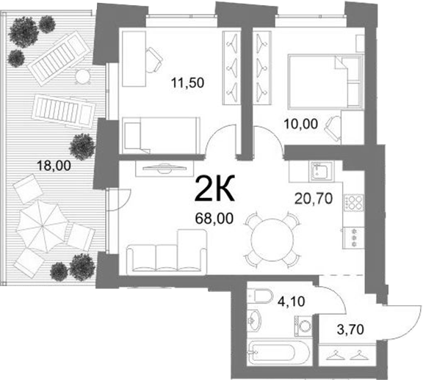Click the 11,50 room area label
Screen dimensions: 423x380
point(188,82)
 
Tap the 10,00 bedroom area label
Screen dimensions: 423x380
point(301,124)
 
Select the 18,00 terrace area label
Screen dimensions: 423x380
point(54,165)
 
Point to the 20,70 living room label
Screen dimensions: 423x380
point(313,199)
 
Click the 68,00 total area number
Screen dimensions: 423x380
point(214,219)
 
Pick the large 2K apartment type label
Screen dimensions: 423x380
point(214,189)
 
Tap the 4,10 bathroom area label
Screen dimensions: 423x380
point(292,301)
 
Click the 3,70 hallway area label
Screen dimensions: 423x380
point(351,329)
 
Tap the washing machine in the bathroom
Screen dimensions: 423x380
point(303,326)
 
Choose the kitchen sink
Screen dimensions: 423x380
point(322,172)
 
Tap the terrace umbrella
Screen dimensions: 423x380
point(43,226)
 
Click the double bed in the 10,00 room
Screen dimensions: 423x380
point(325,82)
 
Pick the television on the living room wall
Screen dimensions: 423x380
point(164,169)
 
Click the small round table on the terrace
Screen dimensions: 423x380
point(82,76)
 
